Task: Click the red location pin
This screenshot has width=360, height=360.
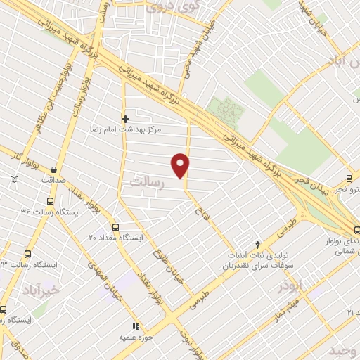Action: [181, 165]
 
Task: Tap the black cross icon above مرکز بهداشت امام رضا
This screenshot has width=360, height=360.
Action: [126, 119]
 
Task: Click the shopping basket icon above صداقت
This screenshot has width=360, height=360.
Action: [54, 168]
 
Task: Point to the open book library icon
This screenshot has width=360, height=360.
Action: [14, 180]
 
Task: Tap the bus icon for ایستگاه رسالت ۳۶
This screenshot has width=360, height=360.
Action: [48, 200]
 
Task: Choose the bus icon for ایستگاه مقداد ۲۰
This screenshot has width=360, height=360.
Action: [115, 227]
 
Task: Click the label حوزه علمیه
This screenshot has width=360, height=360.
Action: [136, 337]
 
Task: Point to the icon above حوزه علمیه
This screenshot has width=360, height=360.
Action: [136, 326]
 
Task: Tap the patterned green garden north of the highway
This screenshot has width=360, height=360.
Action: [227, 110]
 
